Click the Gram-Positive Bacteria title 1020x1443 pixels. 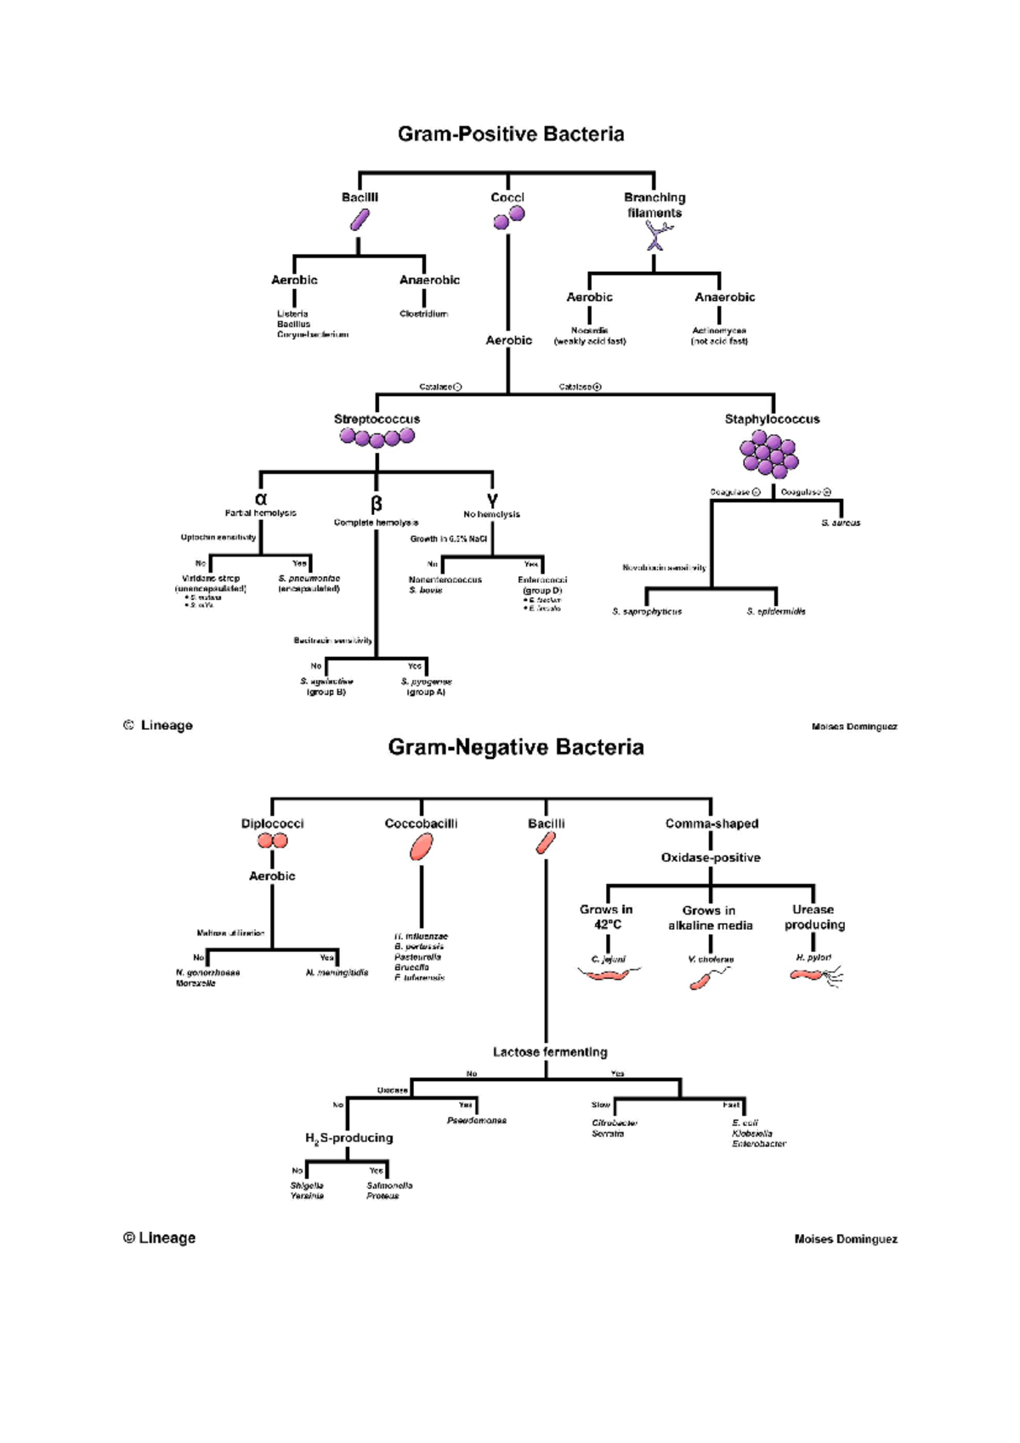point(511,134)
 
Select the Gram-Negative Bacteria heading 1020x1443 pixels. point(516,747)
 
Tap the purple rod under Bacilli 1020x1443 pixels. point(360,221)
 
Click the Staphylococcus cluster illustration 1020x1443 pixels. point(769,453)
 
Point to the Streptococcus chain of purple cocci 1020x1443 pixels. point(377,438)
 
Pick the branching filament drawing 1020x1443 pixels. point(655,235)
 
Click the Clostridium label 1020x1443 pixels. point(423,314)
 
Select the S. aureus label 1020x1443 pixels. point(841,523)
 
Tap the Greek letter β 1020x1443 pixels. point(376,504)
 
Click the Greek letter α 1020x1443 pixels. point(261,500)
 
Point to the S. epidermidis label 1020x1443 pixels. point(776,611)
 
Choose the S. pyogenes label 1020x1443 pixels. point(426,682)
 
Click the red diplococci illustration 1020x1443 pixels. point(273,840)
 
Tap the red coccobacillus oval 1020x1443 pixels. point(421,846)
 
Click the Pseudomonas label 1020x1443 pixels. point(476,1120)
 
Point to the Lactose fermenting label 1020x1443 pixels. point(550,1052)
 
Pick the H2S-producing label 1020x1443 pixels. point(348,1138)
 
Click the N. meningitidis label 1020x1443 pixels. point(337,972)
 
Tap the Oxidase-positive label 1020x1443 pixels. point(711,857)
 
